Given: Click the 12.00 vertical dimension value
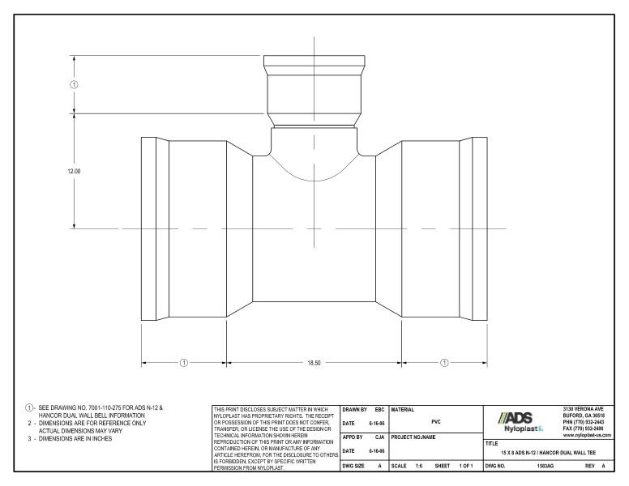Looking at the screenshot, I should click(75, 171).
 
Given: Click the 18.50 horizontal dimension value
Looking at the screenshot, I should click(312, 362).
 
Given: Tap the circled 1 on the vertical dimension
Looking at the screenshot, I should click(75, 84).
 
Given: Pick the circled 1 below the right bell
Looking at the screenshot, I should click(444, 362).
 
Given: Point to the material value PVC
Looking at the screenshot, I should click(436, 421).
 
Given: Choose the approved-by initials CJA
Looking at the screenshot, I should click(378, 436).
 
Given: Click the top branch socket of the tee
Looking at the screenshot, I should click(312, 89).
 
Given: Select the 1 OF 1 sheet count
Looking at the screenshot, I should click(466, 467).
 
